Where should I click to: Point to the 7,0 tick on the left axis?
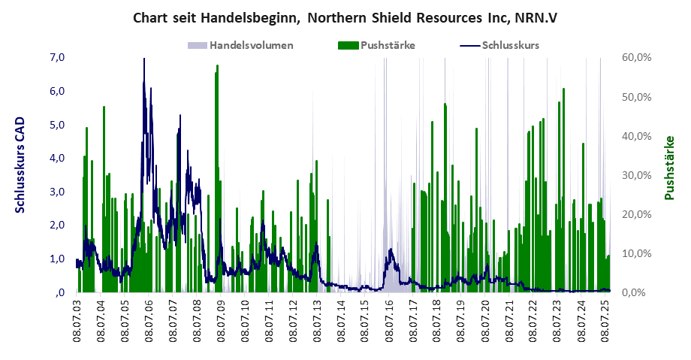57,58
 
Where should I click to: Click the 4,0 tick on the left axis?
57,159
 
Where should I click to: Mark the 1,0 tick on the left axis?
57,259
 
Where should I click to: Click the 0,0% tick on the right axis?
639,292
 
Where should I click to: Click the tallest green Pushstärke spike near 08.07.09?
217,68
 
